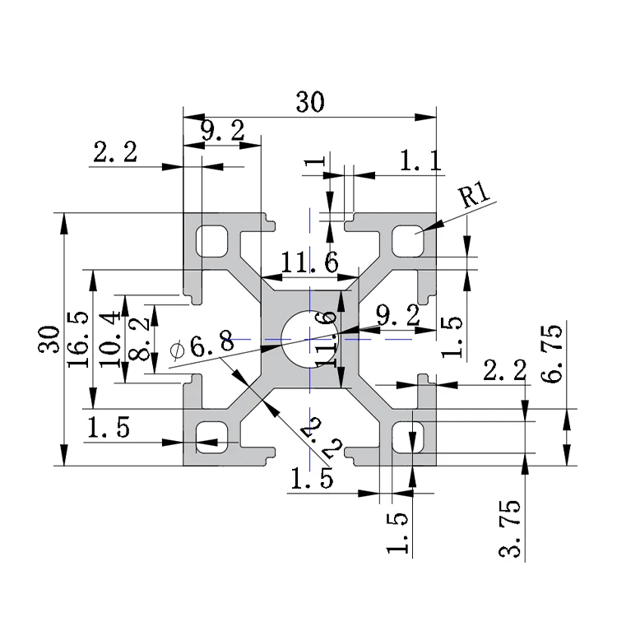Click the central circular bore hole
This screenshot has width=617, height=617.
[310, 339]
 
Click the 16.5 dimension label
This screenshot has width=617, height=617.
[78, 340]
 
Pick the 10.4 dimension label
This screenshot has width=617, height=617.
[109, 340]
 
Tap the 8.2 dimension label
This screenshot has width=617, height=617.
[139, 339]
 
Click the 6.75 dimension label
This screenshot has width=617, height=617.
[551, 354]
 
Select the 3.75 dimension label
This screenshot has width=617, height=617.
[509, 528]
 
